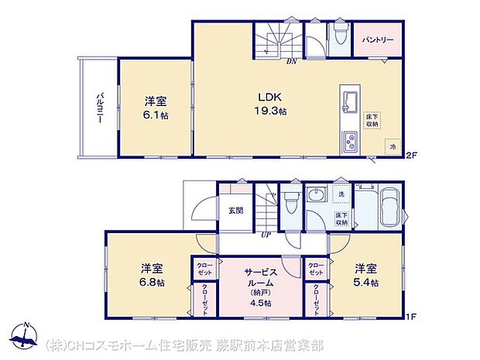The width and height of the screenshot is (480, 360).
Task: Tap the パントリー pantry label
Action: click(x=377, y=39)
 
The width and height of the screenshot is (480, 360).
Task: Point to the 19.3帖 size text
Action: click(x=272, y=111)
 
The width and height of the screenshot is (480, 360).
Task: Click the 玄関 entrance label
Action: click(x=235, y=210)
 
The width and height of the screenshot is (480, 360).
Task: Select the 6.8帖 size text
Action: click(x=152, y=283)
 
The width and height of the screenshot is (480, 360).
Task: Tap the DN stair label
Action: click(x=292, y=61)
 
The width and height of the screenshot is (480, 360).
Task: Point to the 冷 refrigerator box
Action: click(x=393, y=146)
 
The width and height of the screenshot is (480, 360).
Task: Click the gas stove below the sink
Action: click(x=349, y=142)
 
